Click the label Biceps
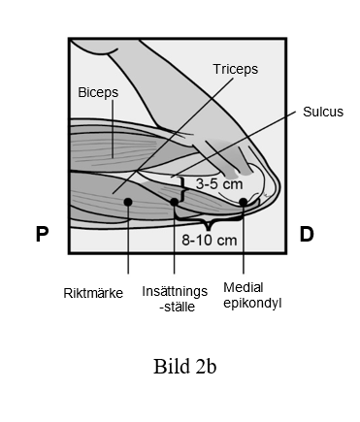coord(98,93)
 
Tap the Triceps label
coord(236,70)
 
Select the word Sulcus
coord(323,112)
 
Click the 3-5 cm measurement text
coord(219,184)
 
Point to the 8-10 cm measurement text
coord(210,241)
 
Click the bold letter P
coord(42,234)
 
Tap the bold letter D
coord(307,234)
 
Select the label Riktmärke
coord(93,293)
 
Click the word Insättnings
coord(175,291)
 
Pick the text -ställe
coord(178,307)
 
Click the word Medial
coord(244,287)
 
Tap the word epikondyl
coord(252,304)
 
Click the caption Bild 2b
coord(184,367)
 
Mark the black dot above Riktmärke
coord(128,202)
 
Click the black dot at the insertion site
coord(174,202)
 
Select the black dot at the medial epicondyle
coord(244,202)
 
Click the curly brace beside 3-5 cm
coord(183,190)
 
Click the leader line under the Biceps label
coord(113,129)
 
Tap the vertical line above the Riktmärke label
coord(128,240)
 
